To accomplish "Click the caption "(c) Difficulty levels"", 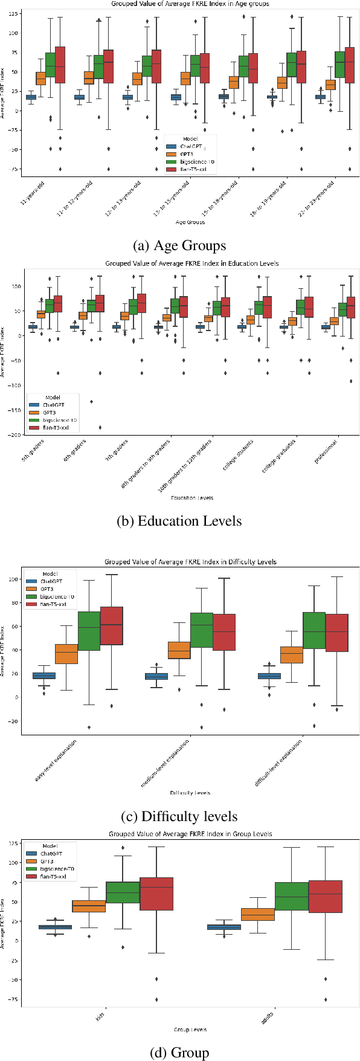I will (x=179, y=816).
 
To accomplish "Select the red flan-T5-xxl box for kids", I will (x=156, y=894).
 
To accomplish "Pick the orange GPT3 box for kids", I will (x=89, y=906).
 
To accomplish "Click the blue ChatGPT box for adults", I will (x=223, y=927).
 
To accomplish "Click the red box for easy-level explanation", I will (x=112, y=626).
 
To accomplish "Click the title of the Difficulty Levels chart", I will (x=190, y=561).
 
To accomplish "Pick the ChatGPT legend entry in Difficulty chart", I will (x=51, y=581).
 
